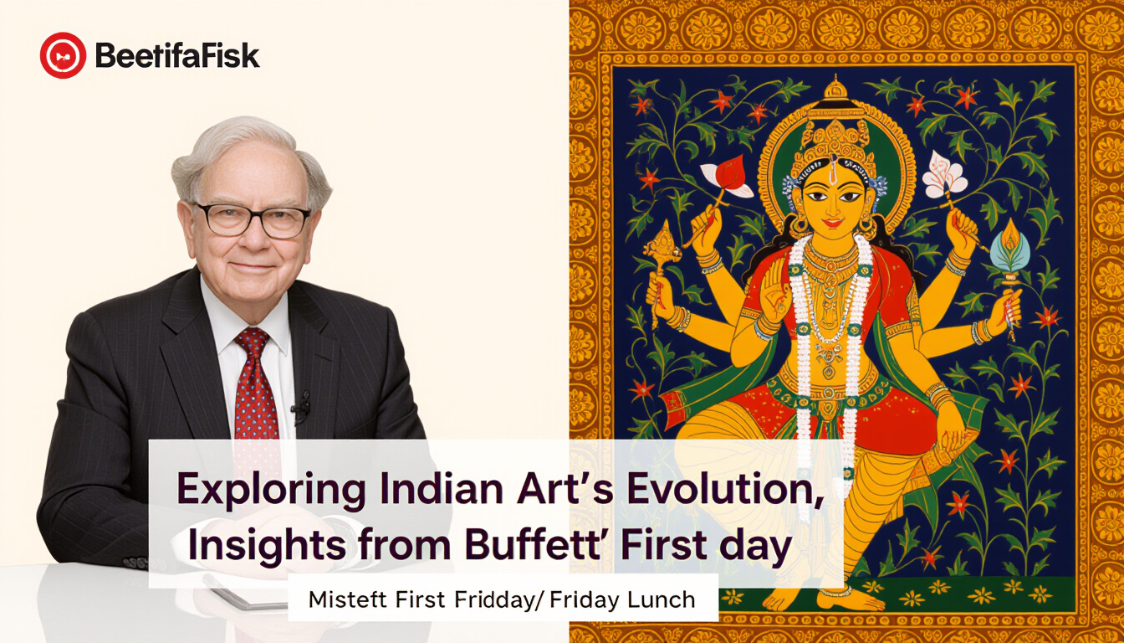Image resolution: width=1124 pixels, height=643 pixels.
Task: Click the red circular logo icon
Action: (63, 55)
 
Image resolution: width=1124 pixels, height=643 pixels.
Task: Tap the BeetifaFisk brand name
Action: (177, 55)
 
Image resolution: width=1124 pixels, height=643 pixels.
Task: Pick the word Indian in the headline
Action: (442, 488)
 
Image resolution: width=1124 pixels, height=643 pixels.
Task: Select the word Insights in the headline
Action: (267, 546)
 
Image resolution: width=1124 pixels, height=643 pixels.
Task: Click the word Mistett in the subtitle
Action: (347, 599)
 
